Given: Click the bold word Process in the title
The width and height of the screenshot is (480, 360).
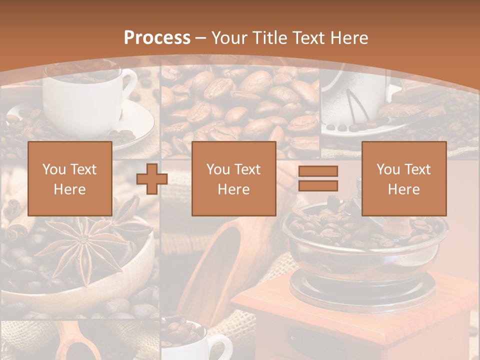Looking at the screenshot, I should coord(157,38).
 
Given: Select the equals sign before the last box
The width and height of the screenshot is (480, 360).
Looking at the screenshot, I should coord(318,179).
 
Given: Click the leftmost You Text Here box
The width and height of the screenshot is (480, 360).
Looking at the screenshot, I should coord(69,178).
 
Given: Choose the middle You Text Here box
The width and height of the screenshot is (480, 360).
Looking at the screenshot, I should coord(233,178).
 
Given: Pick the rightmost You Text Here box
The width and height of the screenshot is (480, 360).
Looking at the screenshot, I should coord(403,178).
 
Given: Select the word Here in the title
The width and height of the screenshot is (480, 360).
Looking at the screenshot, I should coord(349,38).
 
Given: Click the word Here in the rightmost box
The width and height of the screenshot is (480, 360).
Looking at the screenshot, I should coord(403,189).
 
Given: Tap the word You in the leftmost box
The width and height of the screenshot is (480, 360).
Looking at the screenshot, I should coord(52,169).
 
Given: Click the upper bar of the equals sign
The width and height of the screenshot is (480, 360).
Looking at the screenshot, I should coord(318,171).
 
